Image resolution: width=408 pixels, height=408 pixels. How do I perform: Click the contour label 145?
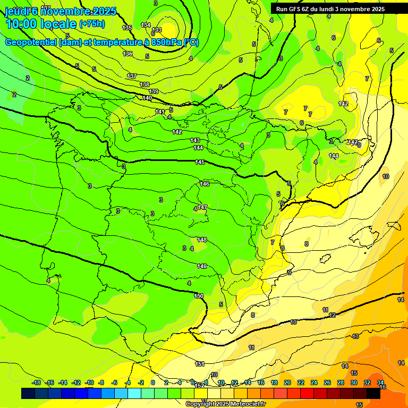(200, 162)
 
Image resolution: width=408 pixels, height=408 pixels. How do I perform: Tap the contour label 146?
(205, 184)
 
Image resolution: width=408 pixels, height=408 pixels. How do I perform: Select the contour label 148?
(202, 240)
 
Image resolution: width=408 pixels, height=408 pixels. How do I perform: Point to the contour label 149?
(202, 266)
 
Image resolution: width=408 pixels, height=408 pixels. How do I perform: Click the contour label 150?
(199, 296)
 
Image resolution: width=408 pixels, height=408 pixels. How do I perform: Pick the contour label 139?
(154, 91)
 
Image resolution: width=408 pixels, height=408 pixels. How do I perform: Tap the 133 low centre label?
(157, 30)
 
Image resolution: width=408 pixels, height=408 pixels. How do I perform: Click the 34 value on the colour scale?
(380, 382)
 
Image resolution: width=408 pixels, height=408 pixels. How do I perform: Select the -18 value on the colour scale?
(36, 382)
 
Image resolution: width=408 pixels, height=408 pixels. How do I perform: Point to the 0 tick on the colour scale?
(153, 382)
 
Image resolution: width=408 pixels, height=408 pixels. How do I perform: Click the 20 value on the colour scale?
(287, 382)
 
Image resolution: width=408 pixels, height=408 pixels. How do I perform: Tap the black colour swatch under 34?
(373, 393)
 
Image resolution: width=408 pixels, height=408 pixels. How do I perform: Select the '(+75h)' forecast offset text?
(92, 24)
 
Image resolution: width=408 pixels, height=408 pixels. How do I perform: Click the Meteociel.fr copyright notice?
(225, 404)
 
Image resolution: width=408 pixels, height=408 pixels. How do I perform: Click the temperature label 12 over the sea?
(332, 315)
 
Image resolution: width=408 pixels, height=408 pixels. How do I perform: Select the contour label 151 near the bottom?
(200, 364)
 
